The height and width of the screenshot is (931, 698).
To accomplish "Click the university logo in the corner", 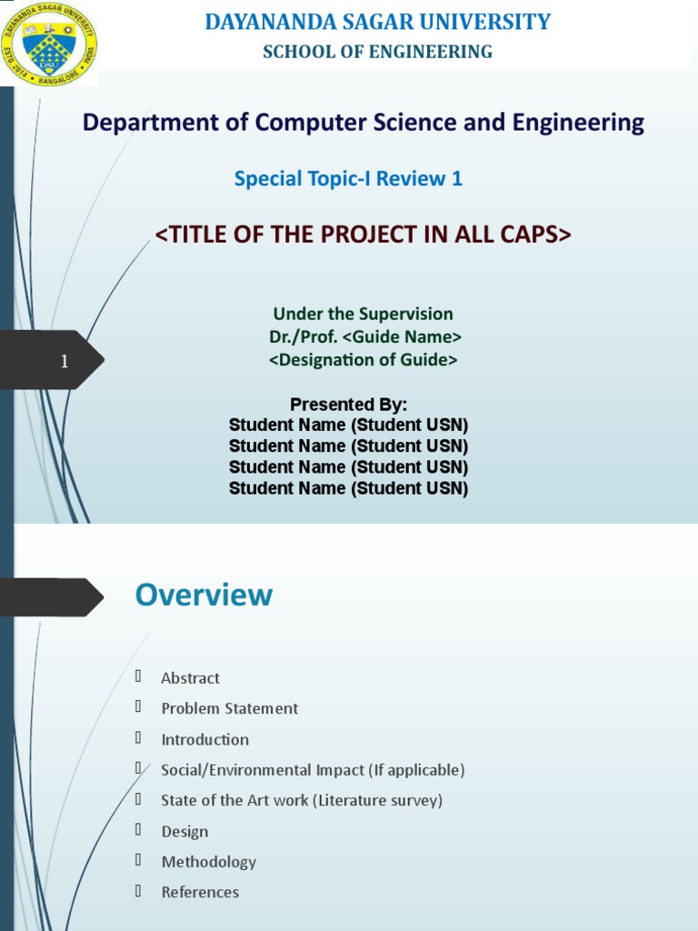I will coord(49,44).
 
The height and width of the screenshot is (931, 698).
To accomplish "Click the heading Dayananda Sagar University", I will coord(377,22).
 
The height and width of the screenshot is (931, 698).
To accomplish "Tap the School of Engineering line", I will coord(377,52).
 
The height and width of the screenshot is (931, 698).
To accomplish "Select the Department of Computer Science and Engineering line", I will coord(363,123).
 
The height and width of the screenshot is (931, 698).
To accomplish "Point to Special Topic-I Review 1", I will coord(348,179).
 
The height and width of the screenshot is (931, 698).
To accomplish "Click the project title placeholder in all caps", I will coord(363,235).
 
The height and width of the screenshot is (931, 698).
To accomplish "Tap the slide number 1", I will coord(65,362).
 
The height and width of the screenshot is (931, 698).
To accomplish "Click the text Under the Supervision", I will coord(363,314).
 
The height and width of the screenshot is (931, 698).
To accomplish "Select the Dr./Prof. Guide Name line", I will coord(364,336).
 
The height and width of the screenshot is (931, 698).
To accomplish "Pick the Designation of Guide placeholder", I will coord(363,360).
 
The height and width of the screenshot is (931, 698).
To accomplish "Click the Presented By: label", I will coord(348,405).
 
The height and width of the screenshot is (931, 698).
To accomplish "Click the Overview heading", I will coord(204,596).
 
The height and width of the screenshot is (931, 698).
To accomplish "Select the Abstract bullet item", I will coord(190,678).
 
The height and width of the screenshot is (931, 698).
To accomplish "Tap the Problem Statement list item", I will coord(229,708).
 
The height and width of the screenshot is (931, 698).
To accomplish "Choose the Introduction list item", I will coord(204,739).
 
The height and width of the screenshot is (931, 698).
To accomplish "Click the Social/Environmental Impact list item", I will coord(313,770).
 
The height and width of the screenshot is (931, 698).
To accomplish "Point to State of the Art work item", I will coord(301,800).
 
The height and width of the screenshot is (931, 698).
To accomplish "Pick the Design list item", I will coord(184,831).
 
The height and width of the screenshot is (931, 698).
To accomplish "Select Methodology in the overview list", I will coord(208,862).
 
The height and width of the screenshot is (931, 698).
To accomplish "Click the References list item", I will coord(200,892).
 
